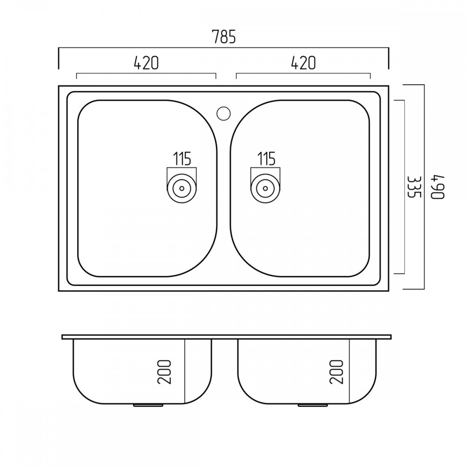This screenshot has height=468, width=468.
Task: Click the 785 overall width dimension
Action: (x=224, y=37)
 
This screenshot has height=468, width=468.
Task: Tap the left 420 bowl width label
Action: (x=146, y=63)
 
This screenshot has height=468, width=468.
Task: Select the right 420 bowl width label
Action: (x=303, y=63)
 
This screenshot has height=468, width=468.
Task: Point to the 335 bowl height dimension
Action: (x=414, y=187)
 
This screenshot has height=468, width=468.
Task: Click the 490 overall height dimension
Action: (x=438, y=187)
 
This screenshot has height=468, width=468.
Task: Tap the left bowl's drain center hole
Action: (x=182, y=188)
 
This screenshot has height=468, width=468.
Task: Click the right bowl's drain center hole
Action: (x=265, y=188)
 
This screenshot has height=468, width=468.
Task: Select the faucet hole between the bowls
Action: (x=223, y=113)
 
